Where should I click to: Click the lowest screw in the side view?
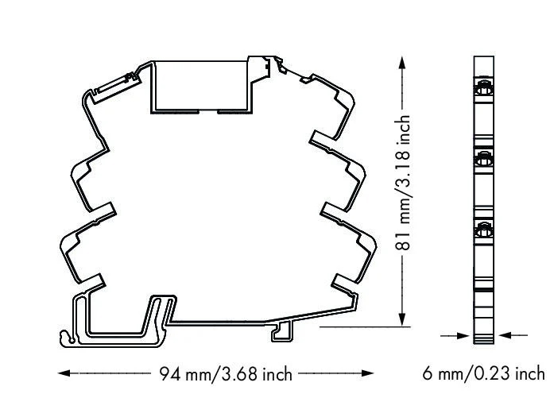coord(483,231)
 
